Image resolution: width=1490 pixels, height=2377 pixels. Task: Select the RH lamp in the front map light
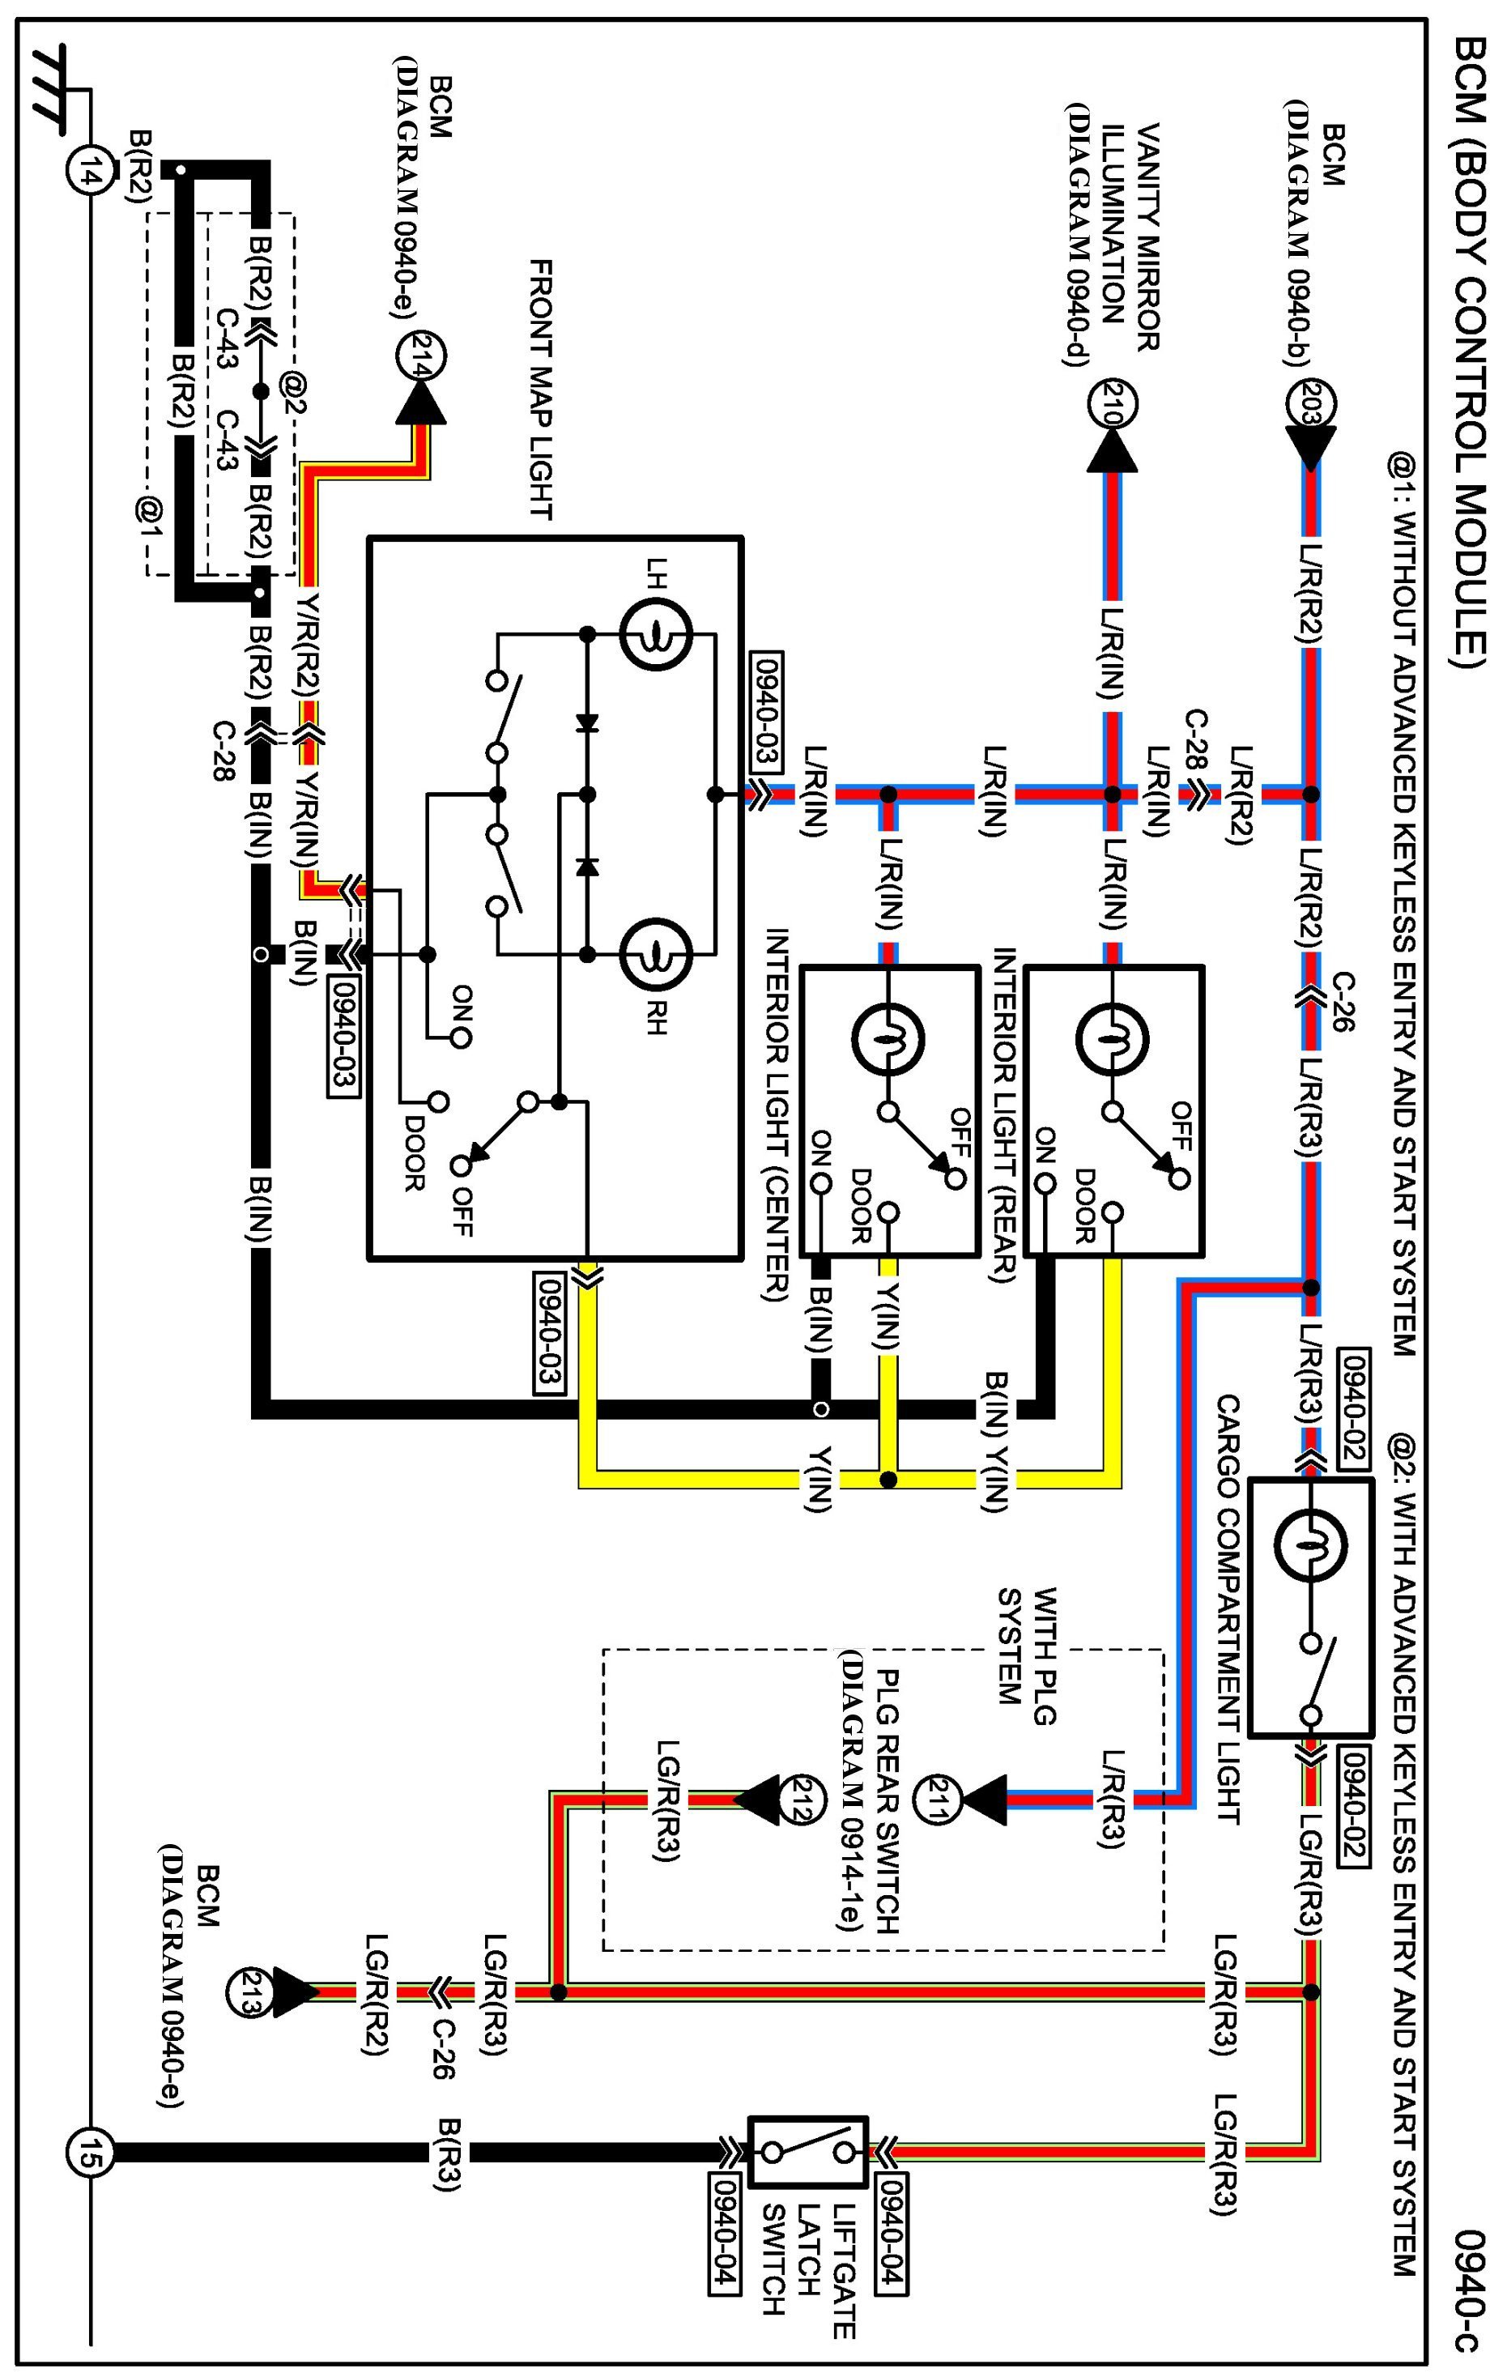654,953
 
